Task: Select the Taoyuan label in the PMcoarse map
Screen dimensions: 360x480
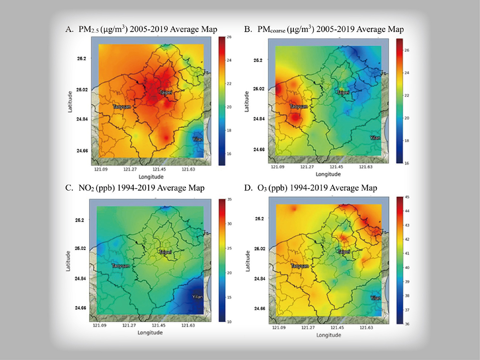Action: [x=298, y=107]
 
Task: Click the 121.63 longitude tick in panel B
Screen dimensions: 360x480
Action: [x=366, y=167]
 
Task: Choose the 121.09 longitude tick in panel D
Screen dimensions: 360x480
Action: [x=278, y=328]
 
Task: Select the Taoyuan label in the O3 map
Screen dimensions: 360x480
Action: [x=299, y=265]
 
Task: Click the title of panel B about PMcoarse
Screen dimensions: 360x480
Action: [x=324, y=30]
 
